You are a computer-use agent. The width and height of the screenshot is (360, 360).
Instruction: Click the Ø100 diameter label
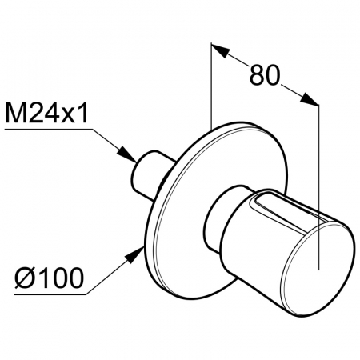[x=50, y=278]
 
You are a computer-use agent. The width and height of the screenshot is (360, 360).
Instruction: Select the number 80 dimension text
[x=265, y=75]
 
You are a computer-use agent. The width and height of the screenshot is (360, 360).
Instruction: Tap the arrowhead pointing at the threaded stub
[x=127, y=154]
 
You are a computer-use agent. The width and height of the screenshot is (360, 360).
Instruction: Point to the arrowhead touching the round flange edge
[x=134, y=255]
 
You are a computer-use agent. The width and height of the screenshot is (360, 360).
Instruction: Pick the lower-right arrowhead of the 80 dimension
[x=310, y=98]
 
